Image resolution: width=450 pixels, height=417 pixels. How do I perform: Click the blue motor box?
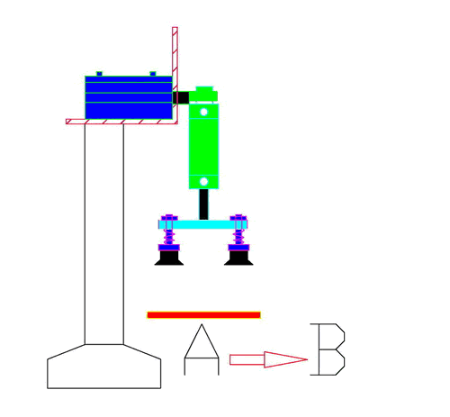point(127,97)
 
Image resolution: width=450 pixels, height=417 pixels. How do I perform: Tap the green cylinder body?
point(204,144)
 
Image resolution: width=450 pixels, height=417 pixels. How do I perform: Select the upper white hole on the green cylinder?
point(204,113)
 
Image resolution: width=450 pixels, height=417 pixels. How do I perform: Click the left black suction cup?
point(169,258)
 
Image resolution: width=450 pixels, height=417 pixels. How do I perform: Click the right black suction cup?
point(238,258)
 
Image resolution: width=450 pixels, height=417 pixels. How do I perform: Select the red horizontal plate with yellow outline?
point(203,315)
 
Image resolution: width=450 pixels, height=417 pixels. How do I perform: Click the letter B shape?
point(328,349)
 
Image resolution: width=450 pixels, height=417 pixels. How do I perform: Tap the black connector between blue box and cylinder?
point(181,97)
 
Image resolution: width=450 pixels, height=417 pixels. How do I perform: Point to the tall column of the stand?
point(104,234)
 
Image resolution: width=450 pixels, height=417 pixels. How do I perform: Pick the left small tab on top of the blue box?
point(99,73)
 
